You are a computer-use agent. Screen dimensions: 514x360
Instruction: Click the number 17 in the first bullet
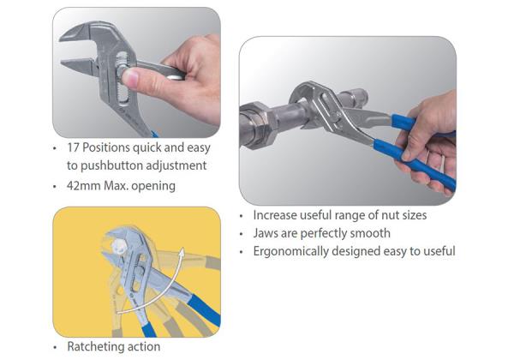tap(73, 147)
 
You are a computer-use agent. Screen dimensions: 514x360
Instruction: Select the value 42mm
tap(84, 186)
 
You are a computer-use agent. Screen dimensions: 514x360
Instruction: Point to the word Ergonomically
tap(290, 252)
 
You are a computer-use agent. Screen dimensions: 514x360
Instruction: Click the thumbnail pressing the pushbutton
tap(130, 79)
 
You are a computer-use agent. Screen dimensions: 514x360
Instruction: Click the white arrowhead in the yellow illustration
tap(182, 253)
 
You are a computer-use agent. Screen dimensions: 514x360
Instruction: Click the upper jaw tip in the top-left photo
tap(60, 39)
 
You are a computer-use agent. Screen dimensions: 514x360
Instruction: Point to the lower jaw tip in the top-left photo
tap(63, 62)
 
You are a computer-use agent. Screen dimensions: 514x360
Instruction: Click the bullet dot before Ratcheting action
tap(55, 347)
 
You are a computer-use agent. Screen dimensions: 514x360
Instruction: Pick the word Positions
tap(105, 147)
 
